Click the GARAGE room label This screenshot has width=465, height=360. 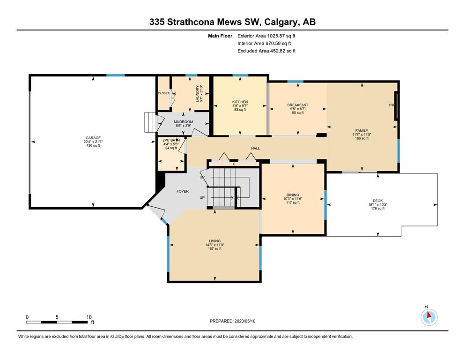click(93, 138)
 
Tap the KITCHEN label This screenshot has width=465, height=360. click(240, 102)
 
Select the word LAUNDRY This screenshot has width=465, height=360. click(198, 94)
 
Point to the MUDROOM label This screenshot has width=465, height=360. click(183, 122)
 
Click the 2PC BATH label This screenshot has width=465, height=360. click(171, 140)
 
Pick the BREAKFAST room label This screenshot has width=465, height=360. click(298, 105)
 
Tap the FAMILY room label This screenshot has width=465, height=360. click(362, 131)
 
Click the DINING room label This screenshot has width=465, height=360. click(293, 195)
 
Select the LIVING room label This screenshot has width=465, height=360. click(214, 241)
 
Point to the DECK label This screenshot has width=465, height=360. click(378, 201)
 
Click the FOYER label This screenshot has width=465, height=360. click(183, 191)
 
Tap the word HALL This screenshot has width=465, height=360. click(255, 149)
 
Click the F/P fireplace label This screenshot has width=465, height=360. click(391, 105)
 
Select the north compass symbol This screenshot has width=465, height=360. click(429, 317)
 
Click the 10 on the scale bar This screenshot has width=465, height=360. click(89, 317)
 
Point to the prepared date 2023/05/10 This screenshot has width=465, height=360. click(245, 321)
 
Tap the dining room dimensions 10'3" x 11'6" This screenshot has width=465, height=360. click(293, 199)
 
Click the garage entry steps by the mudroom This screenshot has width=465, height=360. click(150, 122)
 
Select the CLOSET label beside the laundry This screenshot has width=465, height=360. click(163, 93)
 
